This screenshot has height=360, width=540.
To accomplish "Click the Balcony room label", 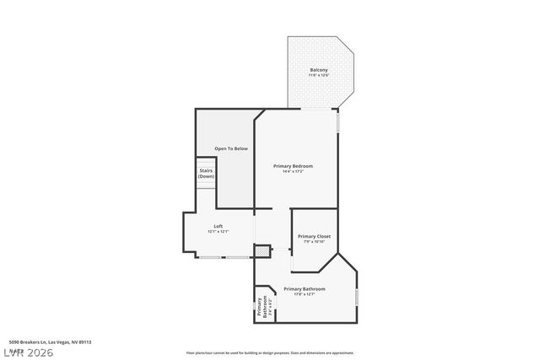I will [318, 70].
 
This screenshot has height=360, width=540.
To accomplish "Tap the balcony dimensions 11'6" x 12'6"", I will [318, 76].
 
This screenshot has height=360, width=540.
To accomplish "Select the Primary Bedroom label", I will [293, 166].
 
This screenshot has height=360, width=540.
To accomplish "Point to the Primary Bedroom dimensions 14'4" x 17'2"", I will [293, 172].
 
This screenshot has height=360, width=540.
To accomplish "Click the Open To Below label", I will [231, 148].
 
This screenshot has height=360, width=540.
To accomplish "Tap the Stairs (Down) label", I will [206, 173].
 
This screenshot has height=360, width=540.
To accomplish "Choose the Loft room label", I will [218, 226].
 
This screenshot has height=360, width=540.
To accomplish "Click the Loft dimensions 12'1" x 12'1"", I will [218, 232].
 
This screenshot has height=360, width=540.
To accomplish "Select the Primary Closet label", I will [313, 236].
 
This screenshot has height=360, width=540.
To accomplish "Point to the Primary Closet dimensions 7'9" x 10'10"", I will [313, 243].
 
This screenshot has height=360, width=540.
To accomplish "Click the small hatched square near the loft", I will [263, 250].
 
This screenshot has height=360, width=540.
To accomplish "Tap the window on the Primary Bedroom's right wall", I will [337, 122].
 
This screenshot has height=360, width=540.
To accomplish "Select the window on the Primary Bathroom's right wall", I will [357, 297].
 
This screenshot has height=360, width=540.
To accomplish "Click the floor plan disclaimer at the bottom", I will [269, 353].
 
